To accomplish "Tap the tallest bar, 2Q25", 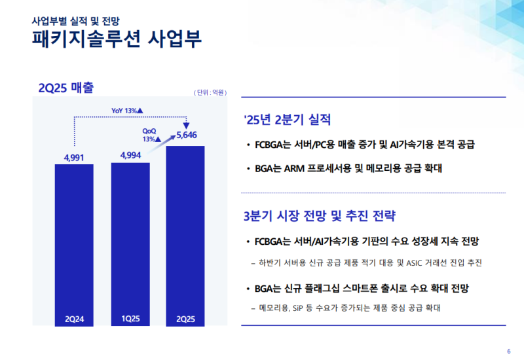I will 186,236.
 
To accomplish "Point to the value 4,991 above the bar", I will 75,157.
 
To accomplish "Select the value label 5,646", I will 187,136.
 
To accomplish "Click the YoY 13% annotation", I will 127,111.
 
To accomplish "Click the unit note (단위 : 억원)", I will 210,93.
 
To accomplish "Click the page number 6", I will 509,349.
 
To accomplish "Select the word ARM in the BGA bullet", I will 294,168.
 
